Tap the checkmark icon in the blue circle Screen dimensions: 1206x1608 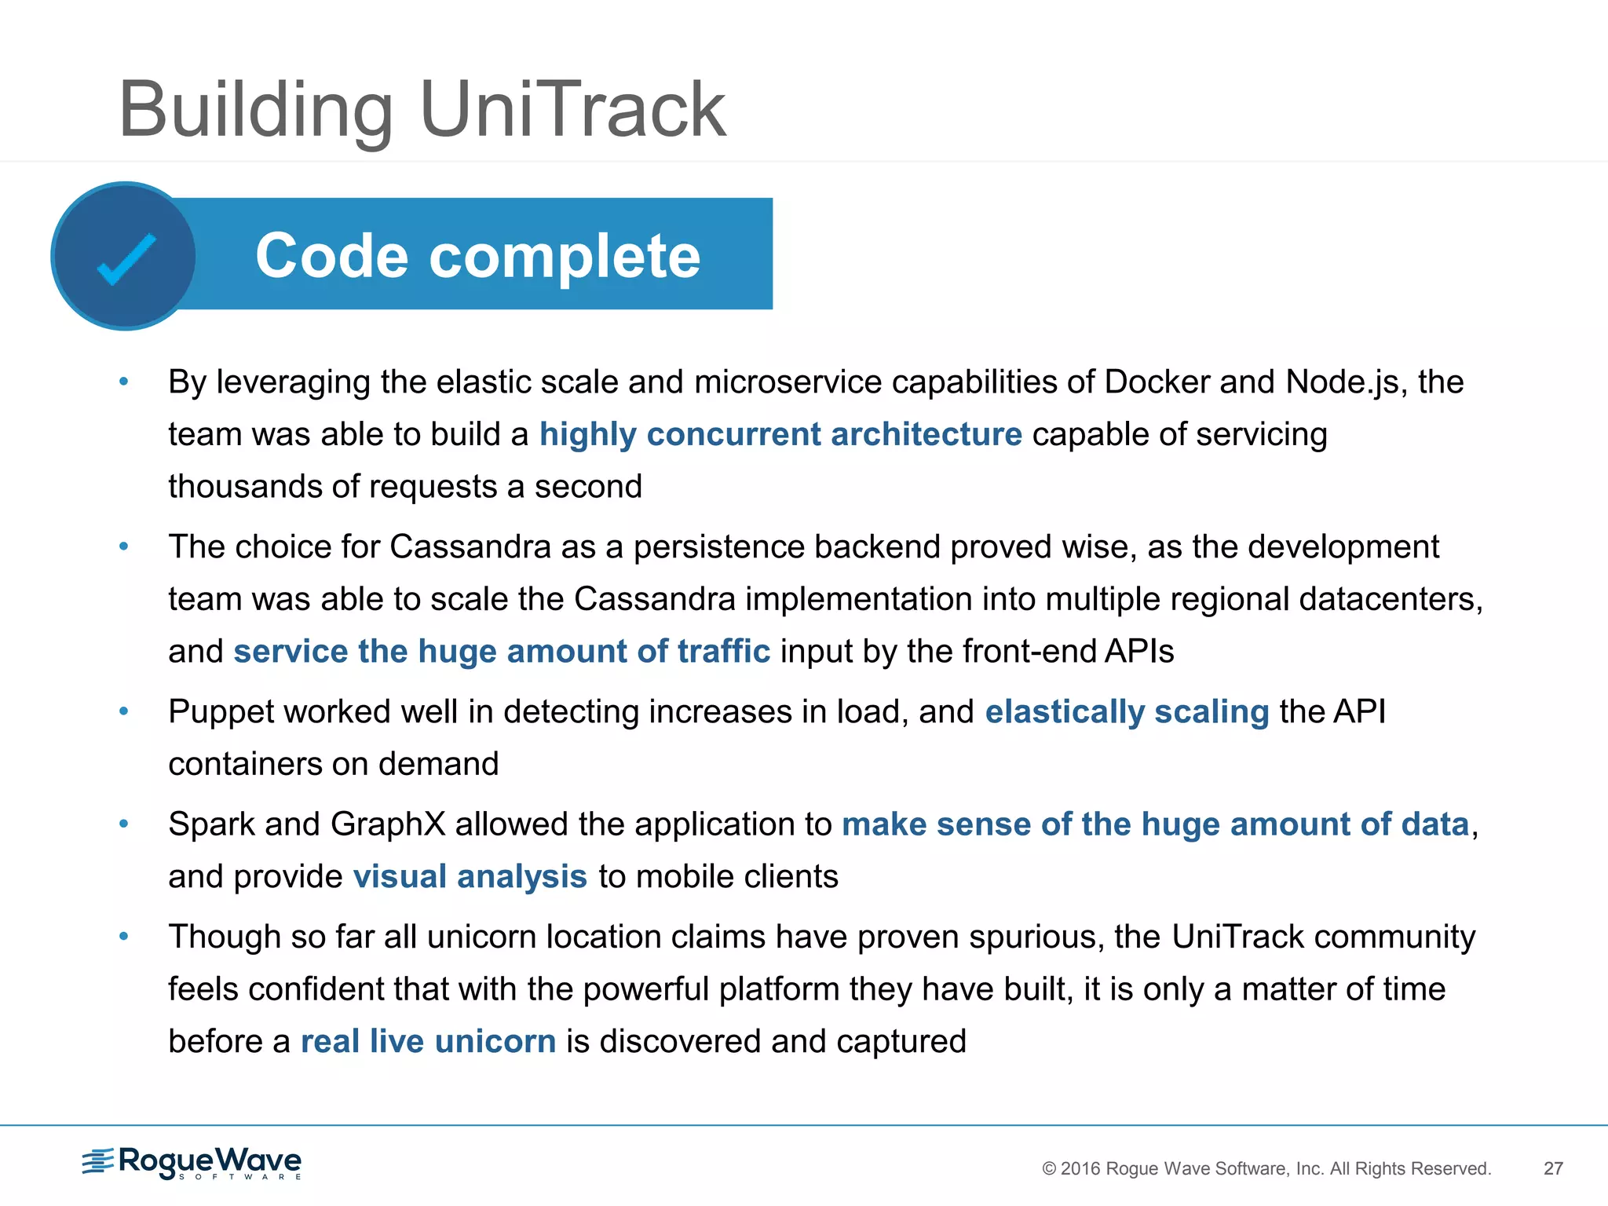tap(126, 258)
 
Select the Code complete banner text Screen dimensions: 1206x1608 tap(477, 256)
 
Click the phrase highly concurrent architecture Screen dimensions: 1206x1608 tap(780, 434)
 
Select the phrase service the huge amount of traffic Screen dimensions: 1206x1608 tap(502, 652)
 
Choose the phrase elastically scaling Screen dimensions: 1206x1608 tap(1127, 712)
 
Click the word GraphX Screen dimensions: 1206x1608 tap(388, 824)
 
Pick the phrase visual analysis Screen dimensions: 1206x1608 tap(470, 877)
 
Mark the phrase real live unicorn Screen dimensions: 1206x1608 tap(428, 1042)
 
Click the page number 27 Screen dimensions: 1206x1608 tap(1553, 1168)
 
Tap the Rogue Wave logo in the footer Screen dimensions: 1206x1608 tap(192, 1163)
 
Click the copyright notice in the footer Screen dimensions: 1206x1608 tap(1266, 1168)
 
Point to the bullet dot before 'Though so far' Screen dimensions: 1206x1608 tap(123, 936)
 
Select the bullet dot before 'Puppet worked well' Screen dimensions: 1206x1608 tap(123, 711)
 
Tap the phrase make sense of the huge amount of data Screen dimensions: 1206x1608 tap(1155, 824)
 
